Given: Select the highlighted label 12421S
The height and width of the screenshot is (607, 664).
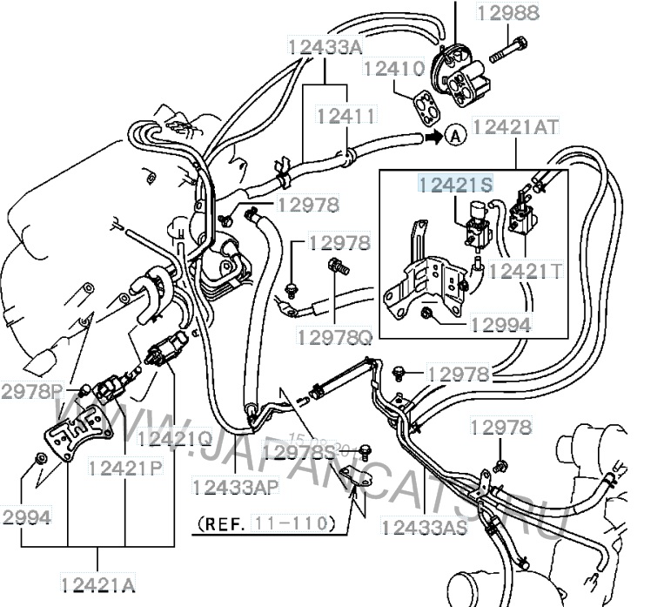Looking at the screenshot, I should pos(455,184).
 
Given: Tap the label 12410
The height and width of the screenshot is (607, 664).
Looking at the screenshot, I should pos(393,68).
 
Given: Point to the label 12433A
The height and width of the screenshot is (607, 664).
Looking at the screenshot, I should pos(325,45).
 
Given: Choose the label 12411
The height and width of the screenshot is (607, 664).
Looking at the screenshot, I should pos(346,115).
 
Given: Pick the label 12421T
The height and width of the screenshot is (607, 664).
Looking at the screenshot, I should pos(525,270).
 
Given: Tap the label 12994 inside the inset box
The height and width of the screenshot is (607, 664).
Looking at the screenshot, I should pos(500,324).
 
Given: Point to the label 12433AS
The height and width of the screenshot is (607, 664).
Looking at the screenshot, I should pos(425,527).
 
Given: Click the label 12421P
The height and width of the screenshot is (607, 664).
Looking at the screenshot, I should pos(124,468).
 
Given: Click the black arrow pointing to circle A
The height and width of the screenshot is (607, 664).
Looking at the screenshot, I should pos(432,136).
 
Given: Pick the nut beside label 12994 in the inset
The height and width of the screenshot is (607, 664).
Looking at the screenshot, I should pos(426,313).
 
